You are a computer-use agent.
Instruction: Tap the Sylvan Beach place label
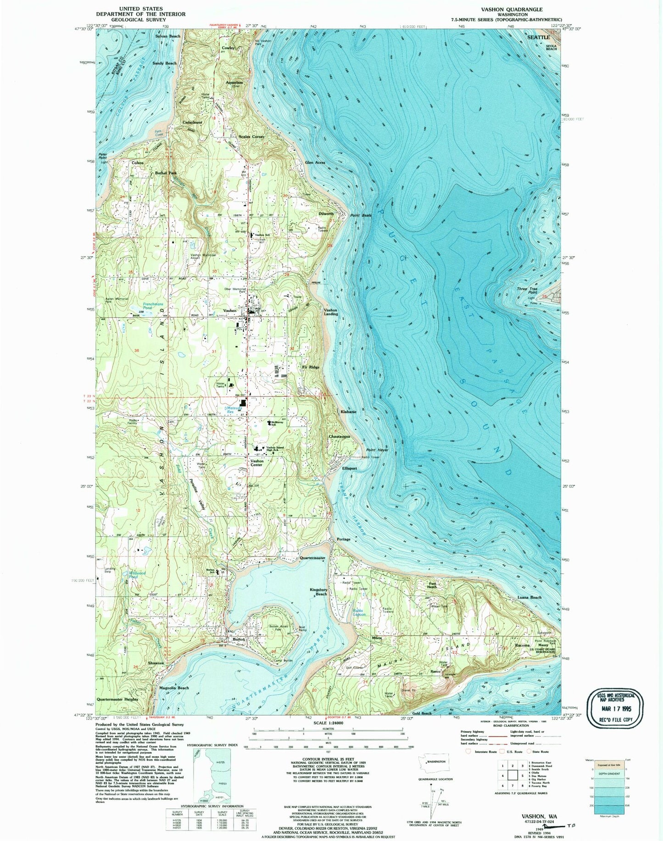(167, 36)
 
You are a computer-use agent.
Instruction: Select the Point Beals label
(361, 215)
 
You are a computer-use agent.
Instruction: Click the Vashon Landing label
(331, 312)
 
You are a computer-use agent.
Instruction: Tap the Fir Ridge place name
(311, 367)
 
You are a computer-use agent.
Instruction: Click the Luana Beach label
(529, 597)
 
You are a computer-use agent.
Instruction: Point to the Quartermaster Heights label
(117, 699)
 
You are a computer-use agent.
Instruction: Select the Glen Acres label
(315, 163)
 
